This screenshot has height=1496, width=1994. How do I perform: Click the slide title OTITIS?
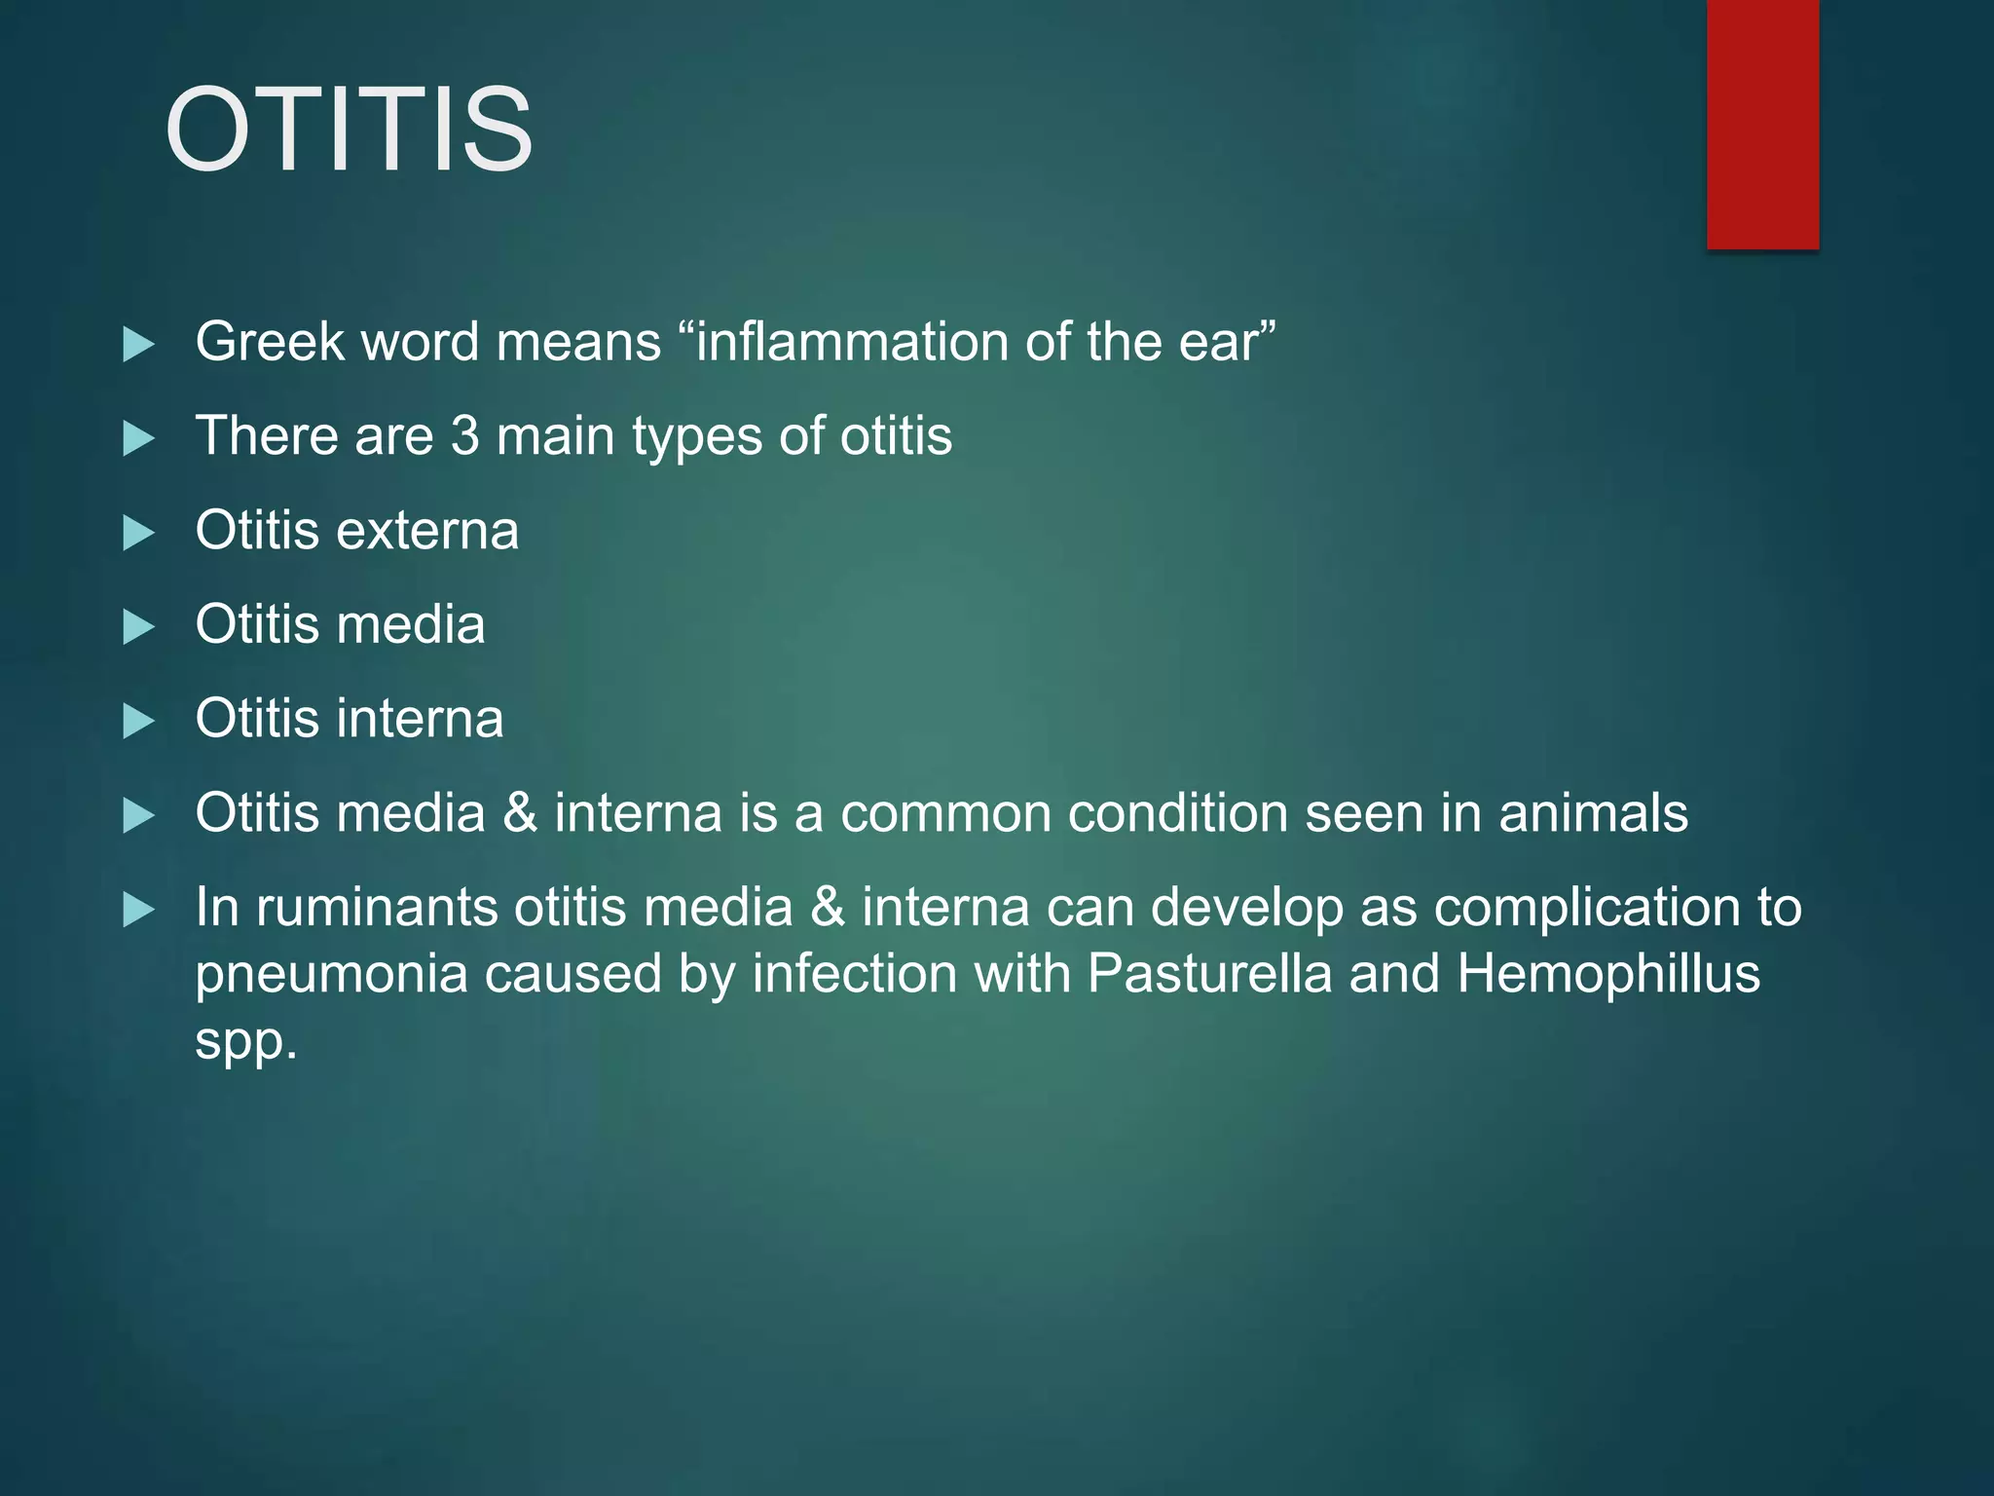pos(349,131)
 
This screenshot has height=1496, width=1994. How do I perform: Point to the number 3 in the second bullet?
pos(464,435)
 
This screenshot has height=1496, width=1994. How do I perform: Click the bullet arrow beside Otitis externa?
pos(139,533)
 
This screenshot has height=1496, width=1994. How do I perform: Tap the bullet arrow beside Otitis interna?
pos(139,722)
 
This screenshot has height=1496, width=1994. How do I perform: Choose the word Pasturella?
pos(1209,973)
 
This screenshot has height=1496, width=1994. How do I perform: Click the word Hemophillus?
pos(1608,973)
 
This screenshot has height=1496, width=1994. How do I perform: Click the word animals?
pos(1593,813)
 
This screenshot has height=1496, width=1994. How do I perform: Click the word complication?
pos(1587,908)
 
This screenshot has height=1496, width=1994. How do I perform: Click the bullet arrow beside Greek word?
pos(139,344)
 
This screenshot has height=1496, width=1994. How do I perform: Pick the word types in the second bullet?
pos(696,437)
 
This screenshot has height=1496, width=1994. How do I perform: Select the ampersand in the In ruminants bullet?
pos(828,908)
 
